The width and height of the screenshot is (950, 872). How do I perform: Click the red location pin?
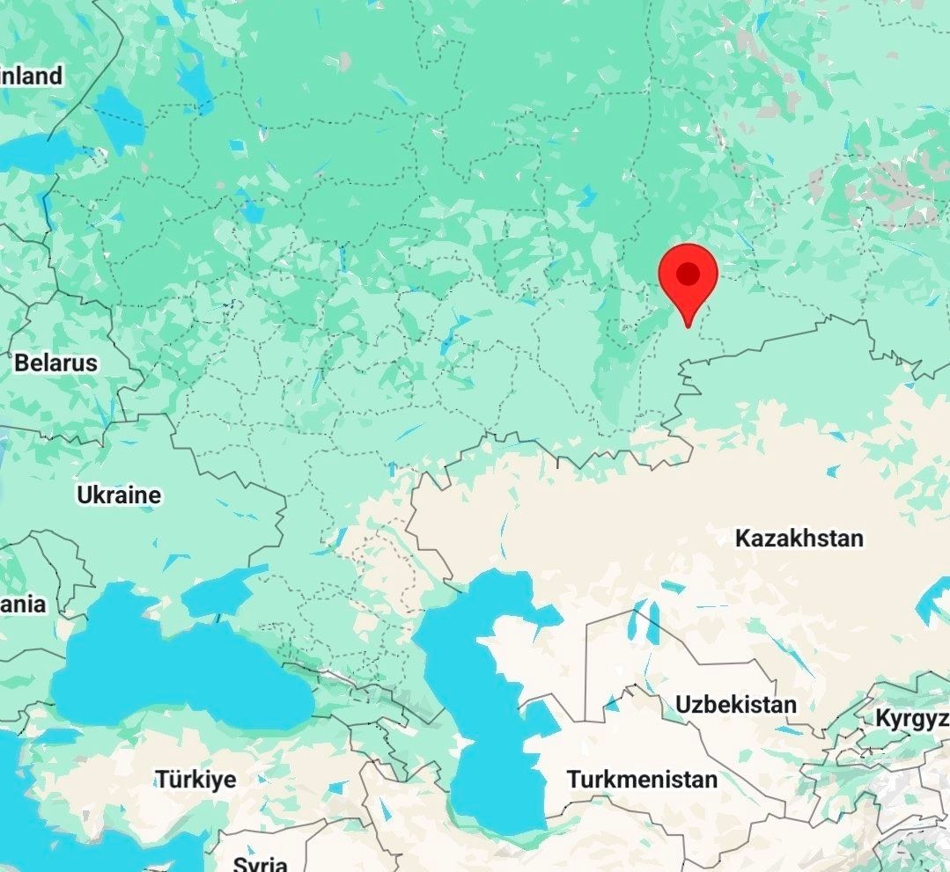688,277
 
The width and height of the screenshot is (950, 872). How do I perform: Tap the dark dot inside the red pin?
689,274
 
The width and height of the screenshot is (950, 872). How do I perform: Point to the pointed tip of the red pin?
688,326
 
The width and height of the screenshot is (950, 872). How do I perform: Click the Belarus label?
55,363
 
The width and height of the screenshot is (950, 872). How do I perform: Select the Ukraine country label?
119,495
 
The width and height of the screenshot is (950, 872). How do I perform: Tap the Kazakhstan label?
799,538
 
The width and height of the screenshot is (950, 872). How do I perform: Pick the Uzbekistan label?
735,704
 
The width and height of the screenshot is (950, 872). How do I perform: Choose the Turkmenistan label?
641,780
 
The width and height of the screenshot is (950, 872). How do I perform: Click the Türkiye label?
195,780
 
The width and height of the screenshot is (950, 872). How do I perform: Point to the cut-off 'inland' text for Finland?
32,76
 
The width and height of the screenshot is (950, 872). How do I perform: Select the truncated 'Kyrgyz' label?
911,718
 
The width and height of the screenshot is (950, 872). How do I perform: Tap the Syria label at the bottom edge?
261,862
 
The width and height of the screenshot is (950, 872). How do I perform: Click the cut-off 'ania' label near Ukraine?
23,605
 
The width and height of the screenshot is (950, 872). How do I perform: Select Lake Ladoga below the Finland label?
118,120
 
